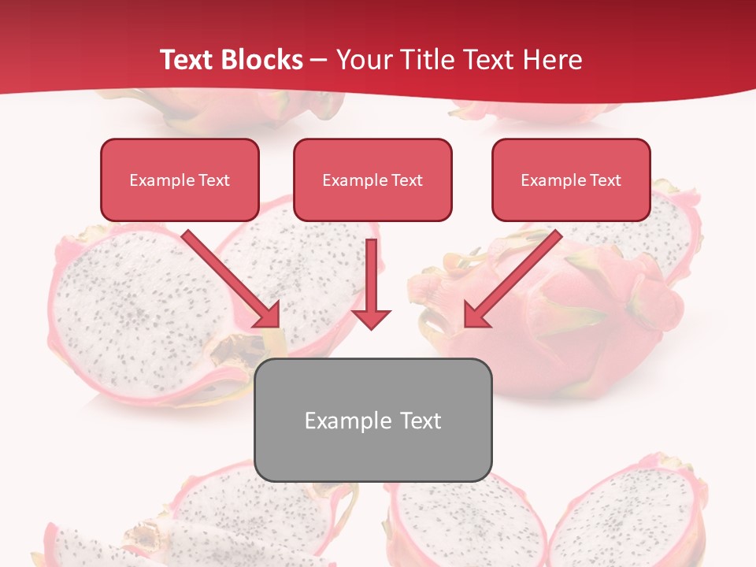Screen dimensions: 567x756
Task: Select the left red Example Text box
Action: coord(180,180)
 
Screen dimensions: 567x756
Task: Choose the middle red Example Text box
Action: coord(372,180)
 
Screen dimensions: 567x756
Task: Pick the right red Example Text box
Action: coord(571,180)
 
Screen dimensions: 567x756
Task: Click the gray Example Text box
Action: coord(372,421)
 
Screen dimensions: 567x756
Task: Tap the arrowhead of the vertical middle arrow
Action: coord(371,318)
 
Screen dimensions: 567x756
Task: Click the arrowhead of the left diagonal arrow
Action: coord(268,314)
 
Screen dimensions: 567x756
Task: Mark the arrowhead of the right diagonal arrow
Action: coord(477,314)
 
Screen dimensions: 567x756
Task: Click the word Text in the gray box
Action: coord(417,421)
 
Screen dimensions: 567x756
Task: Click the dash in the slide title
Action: coord(319,61)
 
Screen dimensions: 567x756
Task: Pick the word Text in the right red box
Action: coord(605,180)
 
